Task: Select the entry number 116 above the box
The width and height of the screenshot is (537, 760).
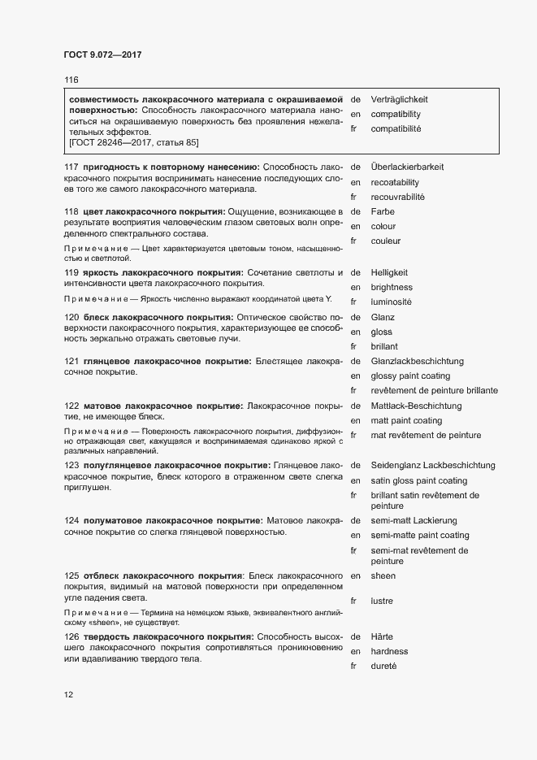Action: [71, 80]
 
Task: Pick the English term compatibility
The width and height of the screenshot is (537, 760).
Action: [396, 115]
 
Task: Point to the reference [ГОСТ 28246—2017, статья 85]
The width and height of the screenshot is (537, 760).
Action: [134, 142]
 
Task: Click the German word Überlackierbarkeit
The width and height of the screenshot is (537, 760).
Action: [407, 167]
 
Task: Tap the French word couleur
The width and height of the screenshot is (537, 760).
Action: [386, 241]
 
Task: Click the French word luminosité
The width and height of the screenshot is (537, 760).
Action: [392, 302]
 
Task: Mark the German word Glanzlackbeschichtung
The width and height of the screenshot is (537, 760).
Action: [417, 361]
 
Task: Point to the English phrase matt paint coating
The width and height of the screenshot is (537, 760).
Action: [406, 420]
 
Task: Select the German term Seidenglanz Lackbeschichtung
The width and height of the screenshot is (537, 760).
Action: [432, 465]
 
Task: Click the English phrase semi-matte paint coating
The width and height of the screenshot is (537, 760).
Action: [420, 536]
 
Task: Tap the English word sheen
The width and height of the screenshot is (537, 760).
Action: [383, 575]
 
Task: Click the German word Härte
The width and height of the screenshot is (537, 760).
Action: [382, 636]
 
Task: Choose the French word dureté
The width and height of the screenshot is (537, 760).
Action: [384, 666]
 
